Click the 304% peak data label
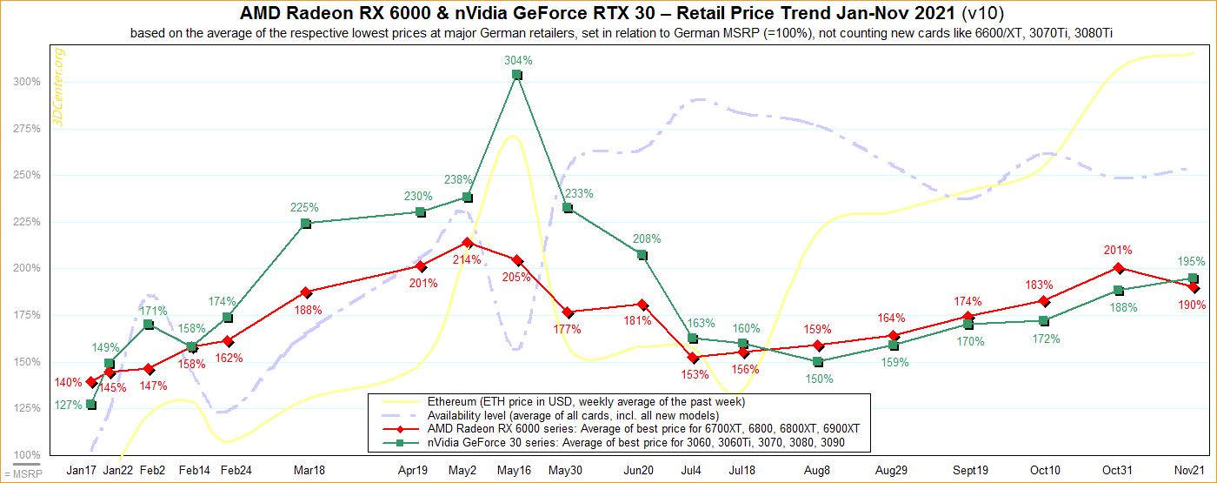click(x=517, y=60)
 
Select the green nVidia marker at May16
click(x=517, y=76)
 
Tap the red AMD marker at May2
click(x=468, y=243)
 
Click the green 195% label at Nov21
click(x=1192, y=261)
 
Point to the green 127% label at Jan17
click(x=69, y=405)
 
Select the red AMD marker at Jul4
click(x=693, y=357)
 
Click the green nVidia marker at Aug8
click(x=819, y=361)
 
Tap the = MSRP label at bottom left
click(x=16, y=475)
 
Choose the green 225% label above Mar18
click(x=304, y=208)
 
